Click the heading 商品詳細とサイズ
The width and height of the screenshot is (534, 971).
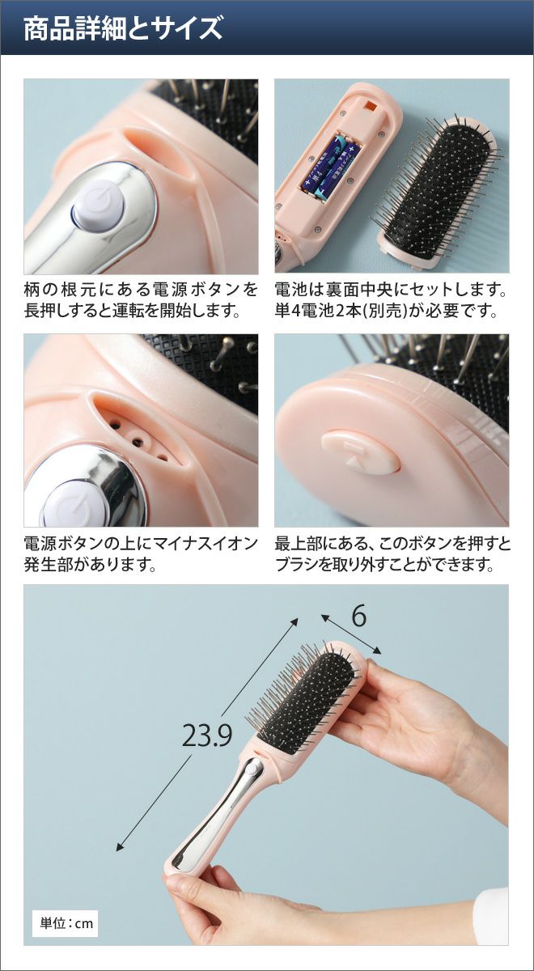click(124, 28)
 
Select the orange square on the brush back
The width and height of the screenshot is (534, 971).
click(371, 106)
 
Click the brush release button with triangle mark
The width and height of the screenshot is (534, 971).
click(361, 451)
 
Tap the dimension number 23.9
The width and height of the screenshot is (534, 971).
click(207, 736)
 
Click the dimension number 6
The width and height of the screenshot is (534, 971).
click(359, 616)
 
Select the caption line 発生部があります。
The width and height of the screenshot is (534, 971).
click(90, 565)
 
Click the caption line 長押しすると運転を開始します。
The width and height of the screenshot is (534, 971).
click(132, 311)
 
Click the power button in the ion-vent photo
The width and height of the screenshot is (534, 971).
click(77, 504)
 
